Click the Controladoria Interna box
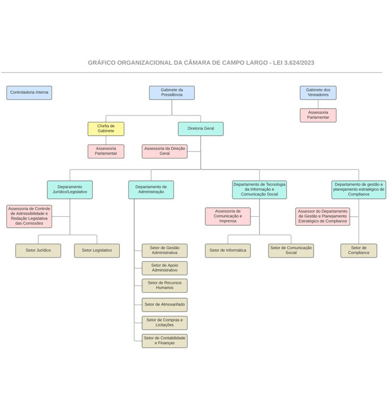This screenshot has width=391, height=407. [x=29, y=93]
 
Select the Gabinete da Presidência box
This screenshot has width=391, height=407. [x=171, y=93]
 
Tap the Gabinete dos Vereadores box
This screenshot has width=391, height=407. [x=318, y=93]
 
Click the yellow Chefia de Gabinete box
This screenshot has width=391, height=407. [x=106, y=129]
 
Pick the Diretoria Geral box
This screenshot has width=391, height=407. [x=201, y=129]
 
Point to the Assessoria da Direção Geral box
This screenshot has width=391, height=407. [x=164, y=152]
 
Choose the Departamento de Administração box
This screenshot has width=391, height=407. [x=151, y=190]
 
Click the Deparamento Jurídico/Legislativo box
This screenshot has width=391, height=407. [x=69, y=190]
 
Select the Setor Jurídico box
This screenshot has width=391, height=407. [x=38, y=251]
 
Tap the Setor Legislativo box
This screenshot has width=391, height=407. [x=97, y=251]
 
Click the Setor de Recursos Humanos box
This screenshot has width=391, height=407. [x=164, y=286]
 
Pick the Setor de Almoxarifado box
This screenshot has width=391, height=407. [x=164, y=305]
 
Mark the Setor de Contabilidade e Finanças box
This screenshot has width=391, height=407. [x=164, y=341]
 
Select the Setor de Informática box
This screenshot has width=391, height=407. [x=228, y=251]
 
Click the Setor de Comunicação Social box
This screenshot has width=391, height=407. [x=291, y=251]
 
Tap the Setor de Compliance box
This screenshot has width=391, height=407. [x=359, y=251]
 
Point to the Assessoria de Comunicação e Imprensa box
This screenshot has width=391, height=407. [x=228, y=216]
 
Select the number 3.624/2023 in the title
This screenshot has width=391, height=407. [x=299, y=63]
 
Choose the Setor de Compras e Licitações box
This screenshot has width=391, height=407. [x=164, y=323]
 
